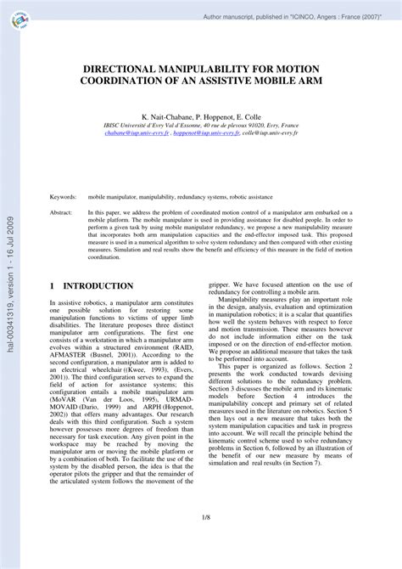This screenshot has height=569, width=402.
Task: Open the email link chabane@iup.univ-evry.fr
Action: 140,133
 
